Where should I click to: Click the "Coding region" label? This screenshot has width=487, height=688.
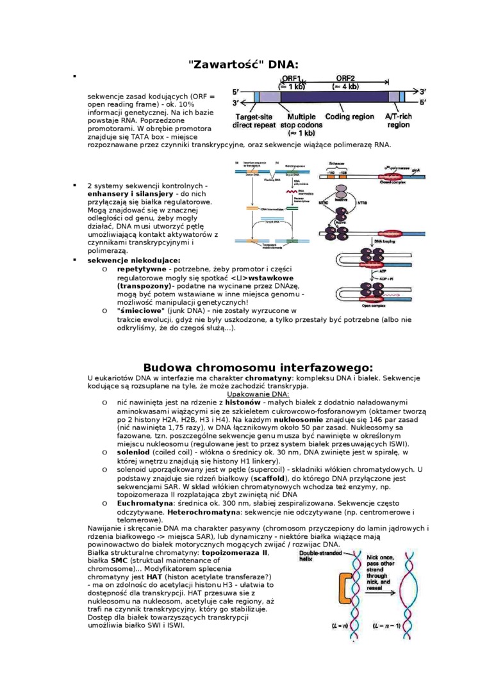coord(349,117)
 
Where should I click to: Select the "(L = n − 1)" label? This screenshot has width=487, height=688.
coord(391,625)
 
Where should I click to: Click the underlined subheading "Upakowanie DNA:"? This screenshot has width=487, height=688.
coord(258,394)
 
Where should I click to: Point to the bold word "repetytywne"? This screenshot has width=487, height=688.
coord(141,270)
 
